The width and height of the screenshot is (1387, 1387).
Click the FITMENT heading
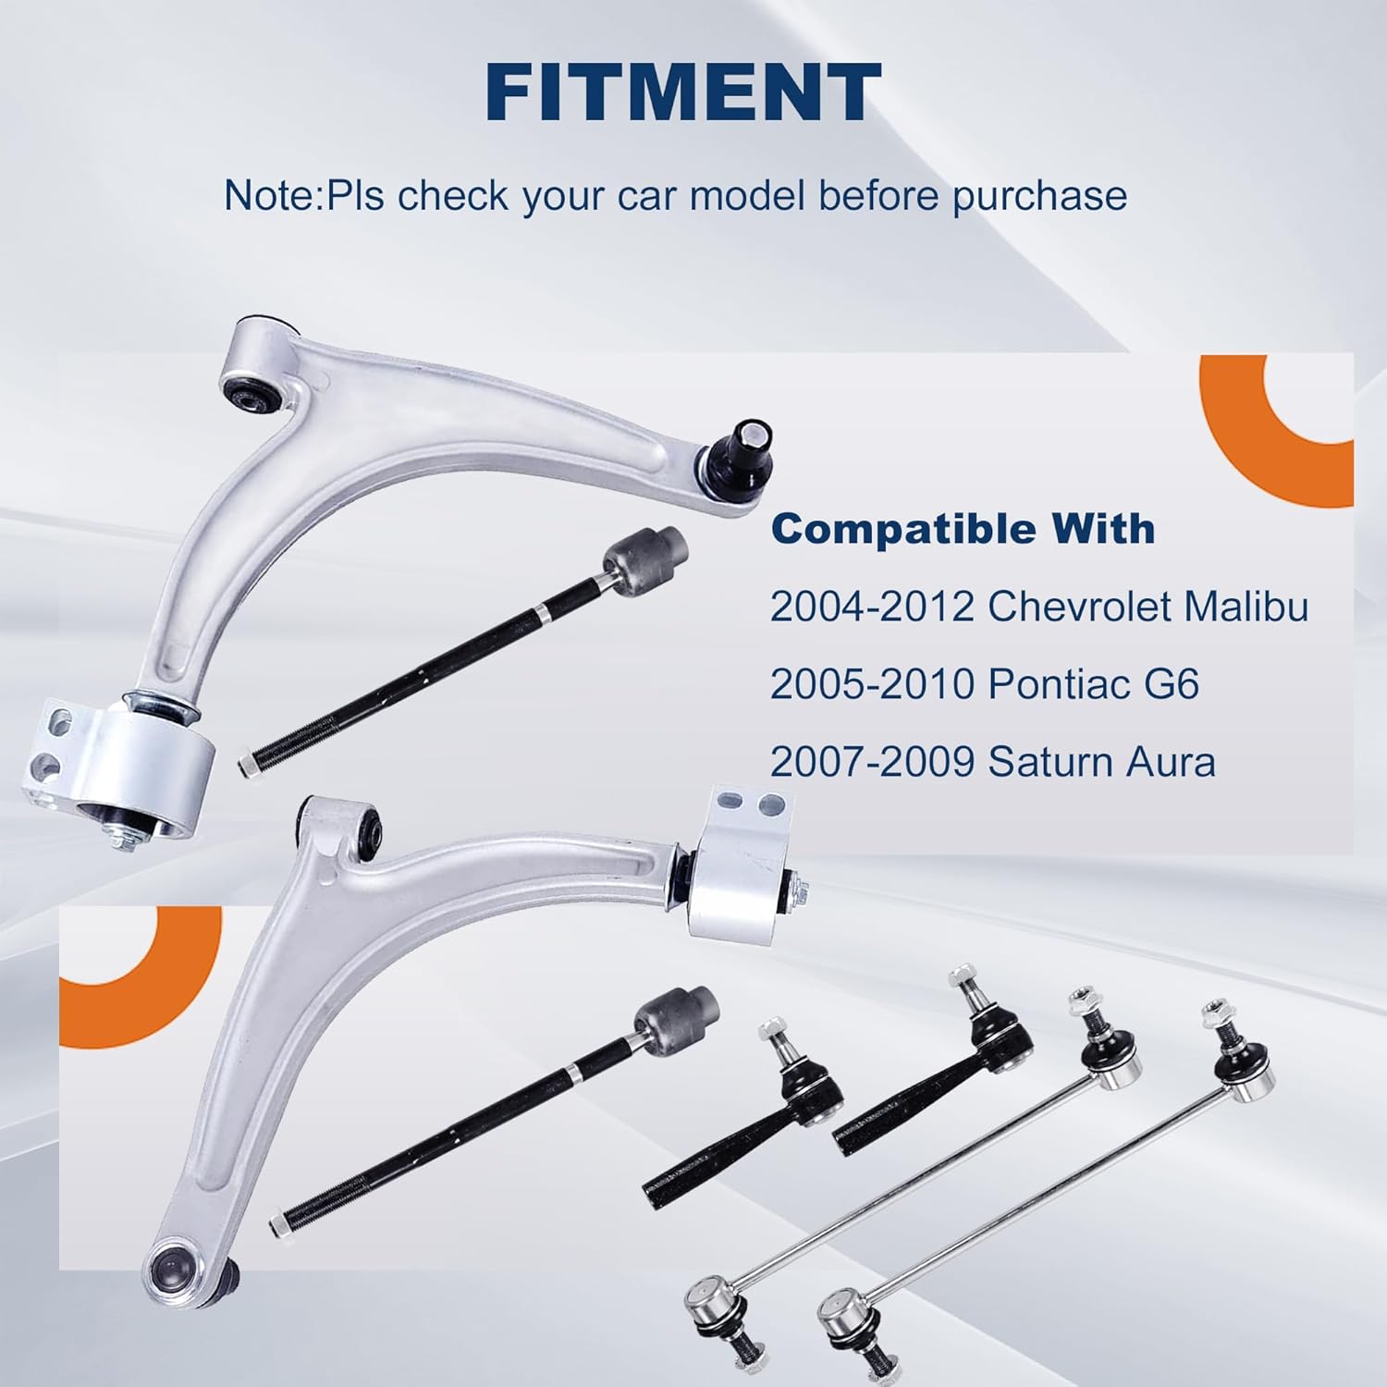pyautogui.click(x=682, y=92)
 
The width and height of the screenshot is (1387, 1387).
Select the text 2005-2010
pyautogui.click(x=872, y=684)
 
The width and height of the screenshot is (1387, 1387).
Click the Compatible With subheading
pyautogui.click(x=963, y=530)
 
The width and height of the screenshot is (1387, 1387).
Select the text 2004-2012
pyautogui.click(x=872, y=607)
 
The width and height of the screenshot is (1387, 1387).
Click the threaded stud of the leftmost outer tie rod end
pyautogui.click(x=773, y=1039)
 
